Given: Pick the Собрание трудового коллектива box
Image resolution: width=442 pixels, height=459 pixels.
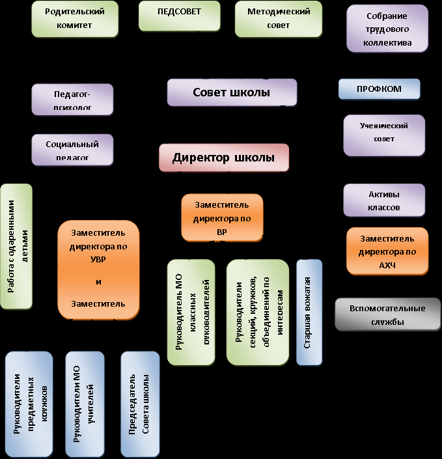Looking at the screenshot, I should tap(389, 29).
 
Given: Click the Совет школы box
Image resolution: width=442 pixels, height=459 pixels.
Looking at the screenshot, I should tap(232, 92).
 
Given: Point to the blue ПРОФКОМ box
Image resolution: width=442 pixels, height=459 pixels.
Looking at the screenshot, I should tap(379, 89).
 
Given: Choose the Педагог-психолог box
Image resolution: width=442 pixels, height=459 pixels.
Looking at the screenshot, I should tap(72, 99).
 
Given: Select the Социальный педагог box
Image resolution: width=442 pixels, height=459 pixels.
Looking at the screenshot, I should tap(72, 150).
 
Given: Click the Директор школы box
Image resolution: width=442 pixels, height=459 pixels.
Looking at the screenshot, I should tap(223, 158).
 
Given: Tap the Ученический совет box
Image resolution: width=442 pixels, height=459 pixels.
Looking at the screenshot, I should tap(384, 135).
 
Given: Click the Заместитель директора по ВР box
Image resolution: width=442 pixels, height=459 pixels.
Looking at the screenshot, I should tap(223, 217).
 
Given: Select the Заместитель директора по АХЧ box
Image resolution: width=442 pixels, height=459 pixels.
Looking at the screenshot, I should tap(387, 251).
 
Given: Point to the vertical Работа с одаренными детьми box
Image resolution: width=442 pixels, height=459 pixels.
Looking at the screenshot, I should tap(16, 246).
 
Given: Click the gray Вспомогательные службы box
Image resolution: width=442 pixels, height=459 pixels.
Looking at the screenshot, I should tap(387, 314).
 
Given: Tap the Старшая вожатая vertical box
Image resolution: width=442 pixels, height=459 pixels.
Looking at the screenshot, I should tap(309, 313).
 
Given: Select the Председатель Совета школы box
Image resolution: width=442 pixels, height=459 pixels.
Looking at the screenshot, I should tap(140, 404).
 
